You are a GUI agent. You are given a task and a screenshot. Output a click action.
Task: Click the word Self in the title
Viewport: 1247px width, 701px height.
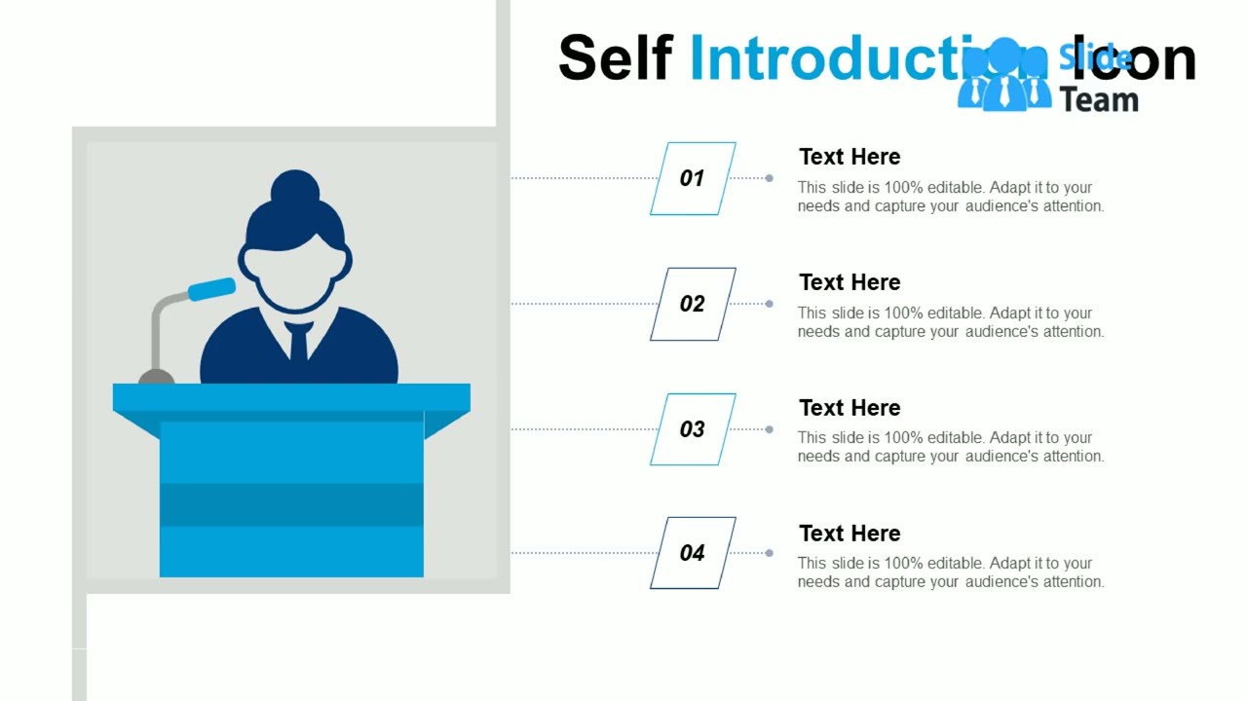click(615, 58)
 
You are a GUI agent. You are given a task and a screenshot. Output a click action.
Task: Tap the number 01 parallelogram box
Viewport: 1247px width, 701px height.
click(693, 178)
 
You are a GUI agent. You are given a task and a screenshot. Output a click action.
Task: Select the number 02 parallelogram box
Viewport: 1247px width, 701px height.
click(693, 304)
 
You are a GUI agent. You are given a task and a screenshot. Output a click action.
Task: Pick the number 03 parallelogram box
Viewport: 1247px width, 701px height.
click(693, 429)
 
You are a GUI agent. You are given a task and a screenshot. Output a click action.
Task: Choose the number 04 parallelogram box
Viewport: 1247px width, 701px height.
click(693, 553)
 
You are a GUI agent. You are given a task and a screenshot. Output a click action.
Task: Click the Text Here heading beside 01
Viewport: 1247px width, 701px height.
click(850, 157)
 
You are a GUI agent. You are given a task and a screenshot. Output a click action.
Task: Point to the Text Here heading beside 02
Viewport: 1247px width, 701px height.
click(850, 282)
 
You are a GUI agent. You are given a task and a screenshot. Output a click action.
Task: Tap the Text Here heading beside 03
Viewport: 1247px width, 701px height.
click(850, 408)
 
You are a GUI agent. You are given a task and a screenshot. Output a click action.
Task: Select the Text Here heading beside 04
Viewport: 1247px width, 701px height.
click(850, 534)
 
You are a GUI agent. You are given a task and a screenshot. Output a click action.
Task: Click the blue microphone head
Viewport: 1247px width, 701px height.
click(211, 289)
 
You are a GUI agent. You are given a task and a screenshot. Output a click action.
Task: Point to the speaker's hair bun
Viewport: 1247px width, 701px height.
click(295, 186)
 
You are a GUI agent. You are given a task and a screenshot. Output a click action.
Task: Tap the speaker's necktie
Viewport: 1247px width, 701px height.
click(298, 342)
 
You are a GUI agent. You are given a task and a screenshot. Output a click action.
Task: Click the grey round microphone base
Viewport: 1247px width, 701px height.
click(156, 377)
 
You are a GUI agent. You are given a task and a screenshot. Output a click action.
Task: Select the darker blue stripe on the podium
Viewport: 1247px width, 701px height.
click(291, 504)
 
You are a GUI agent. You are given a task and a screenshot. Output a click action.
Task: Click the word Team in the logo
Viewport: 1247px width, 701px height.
click(1099, 99)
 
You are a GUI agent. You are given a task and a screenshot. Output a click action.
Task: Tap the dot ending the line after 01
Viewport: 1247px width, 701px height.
click(770, 178)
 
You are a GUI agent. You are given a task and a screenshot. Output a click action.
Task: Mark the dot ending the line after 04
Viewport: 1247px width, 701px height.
click(770, 553)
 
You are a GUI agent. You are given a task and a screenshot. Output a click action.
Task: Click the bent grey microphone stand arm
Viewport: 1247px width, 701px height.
click(159, 321)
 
